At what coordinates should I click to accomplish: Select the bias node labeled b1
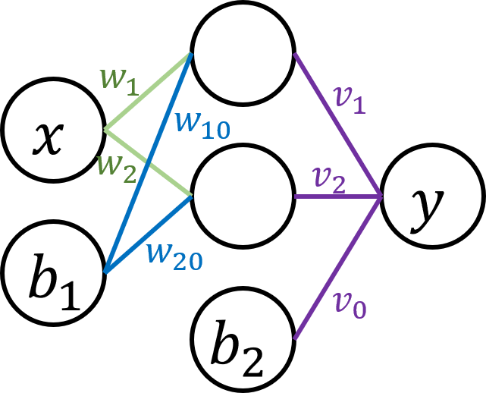53,272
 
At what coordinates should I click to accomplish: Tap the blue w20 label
174,255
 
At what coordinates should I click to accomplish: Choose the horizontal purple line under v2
337,197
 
